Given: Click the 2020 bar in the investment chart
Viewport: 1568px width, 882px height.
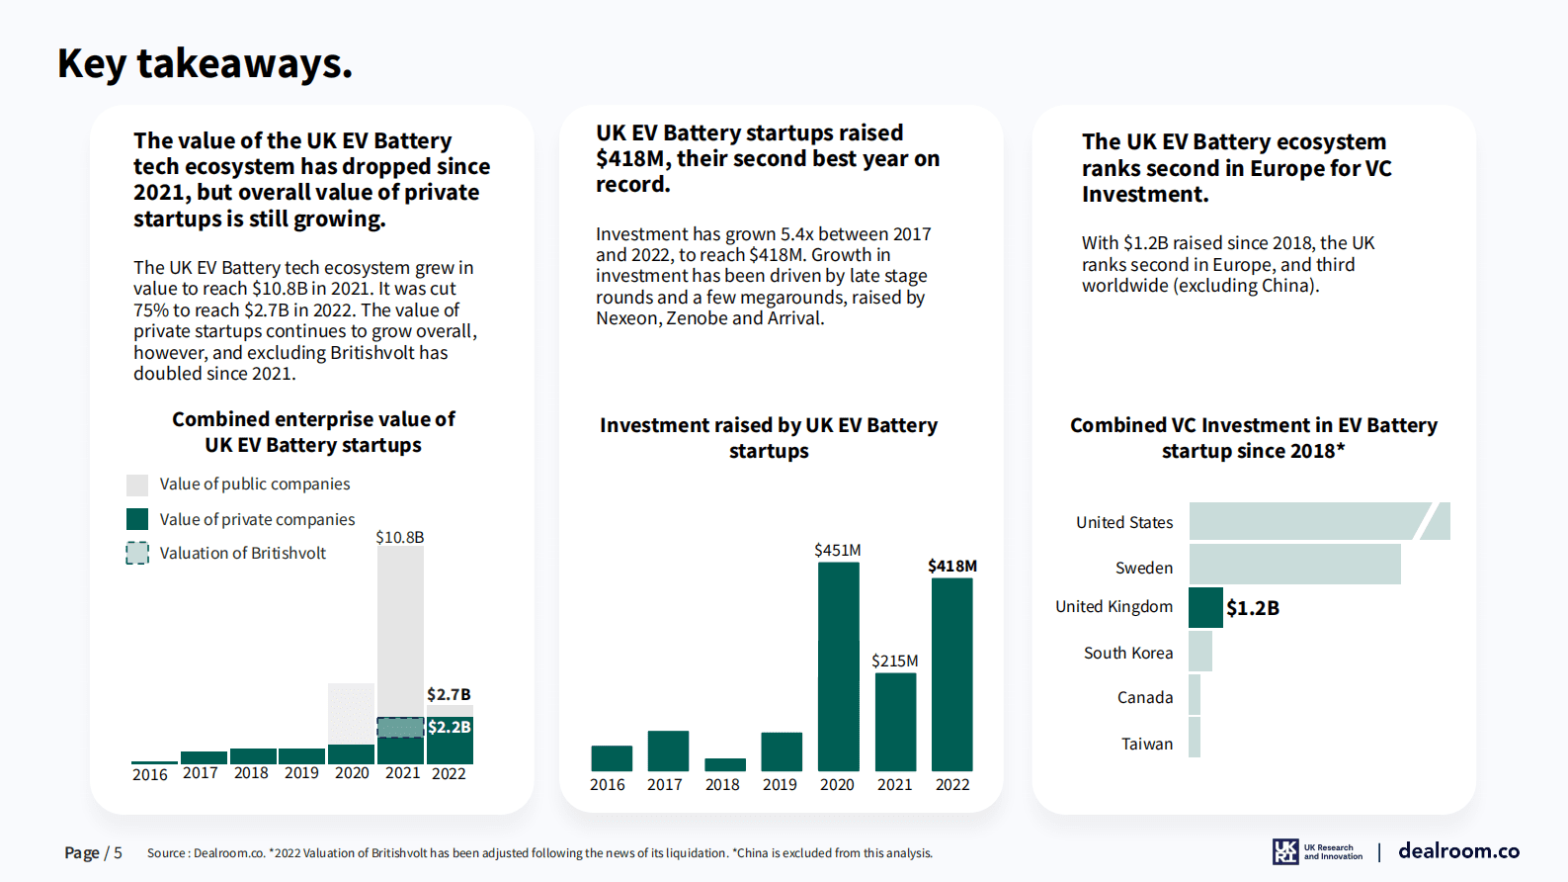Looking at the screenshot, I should [838, 666].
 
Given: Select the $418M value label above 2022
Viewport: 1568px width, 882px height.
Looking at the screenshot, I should [951, 566].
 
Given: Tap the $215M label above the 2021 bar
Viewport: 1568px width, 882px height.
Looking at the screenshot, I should [894, 661].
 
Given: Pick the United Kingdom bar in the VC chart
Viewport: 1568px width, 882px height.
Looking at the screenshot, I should [1205, 607].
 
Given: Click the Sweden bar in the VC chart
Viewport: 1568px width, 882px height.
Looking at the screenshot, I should [1294, 565].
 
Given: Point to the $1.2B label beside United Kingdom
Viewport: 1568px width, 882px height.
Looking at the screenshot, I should [1253, 608].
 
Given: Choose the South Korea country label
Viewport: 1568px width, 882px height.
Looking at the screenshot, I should [1127, 653].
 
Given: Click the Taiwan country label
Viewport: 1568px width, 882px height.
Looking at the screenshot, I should [1146, 744].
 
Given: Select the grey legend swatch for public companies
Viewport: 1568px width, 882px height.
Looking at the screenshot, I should [137, 485].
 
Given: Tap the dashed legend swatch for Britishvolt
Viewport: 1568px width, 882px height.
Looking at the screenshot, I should [137, 553].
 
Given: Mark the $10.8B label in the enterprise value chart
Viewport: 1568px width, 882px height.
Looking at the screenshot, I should [399, 537].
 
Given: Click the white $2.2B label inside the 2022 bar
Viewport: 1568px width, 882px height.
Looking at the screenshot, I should [450, 727].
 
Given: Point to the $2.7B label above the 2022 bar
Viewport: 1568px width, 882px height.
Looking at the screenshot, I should [449, 694].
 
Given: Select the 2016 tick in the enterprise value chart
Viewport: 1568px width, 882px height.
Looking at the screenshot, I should [150, 774].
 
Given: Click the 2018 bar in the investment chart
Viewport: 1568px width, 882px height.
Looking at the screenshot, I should [724, 764].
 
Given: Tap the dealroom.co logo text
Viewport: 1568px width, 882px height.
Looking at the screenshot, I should [1458, 850].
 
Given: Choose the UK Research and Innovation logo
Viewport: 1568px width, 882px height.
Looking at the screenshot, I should [1317, 851].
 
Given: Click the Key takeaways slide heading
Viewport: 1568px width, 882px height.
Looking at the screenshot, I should [205, 63].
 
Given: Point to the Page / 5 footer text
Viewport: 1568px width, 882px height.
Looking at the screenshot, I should [93, 852].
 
